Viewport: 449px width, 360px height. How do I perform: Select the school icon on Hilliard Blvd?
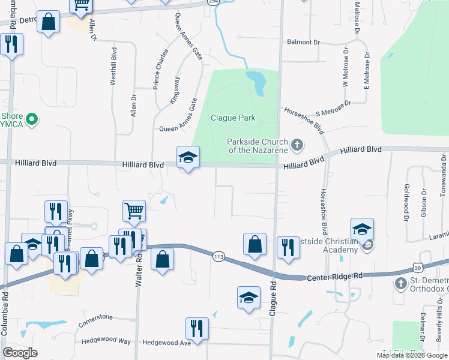coord(188,158)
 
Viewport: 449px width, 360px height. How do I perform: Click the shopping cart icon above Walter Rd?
coord(134,211)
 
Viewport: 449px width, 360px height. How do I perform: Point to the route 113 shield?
coord(218,256)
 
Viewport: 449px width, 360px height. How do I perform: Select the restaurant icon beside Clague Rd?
coord(288,248)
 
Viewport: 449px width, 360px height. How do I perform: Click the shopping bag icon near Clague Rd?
coord(255,244)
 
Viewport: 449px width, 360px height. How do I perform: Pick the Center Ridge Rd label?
coord(335,277)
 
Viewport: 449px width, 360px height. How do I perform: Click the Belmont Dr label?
coord(304,42)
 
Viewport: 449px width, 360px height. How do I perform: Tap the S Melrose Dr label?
coord(334,108)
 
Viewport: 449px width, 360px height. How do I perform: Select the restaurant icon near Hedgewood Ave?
coord(197,329)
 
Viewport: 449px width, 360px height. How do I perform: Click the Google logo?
coord(20,353)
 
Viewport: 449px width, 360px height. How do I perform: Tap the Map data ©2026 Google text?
coord(412,355)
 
